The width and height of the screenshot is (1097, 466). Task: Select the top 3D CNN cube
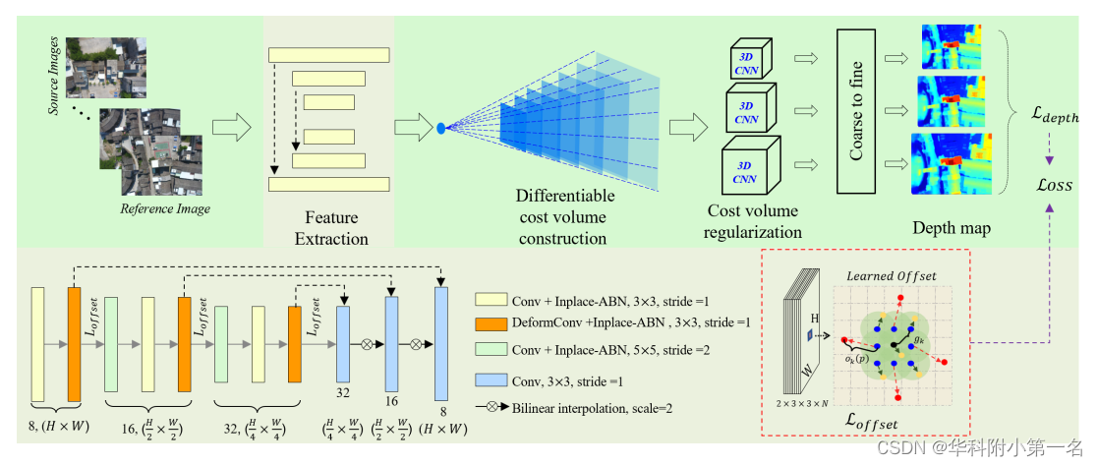tap(750, 64)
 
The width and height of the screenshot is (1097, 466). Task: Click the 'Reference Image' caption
tap(165, 208)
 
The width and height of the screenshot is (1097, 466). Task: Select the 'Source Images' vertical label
tap(56, 76)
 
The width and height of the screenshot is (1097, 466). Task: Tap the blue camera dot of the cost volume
tap(441, 127)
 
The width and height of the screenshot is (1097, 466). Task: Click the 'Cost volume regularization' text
tap(755, 221)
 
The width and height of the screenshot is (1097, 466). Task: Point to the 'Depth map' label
tap(952, 228)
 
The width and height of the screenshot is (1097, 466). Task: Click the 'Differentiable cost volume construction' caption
tap(564, 216)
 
